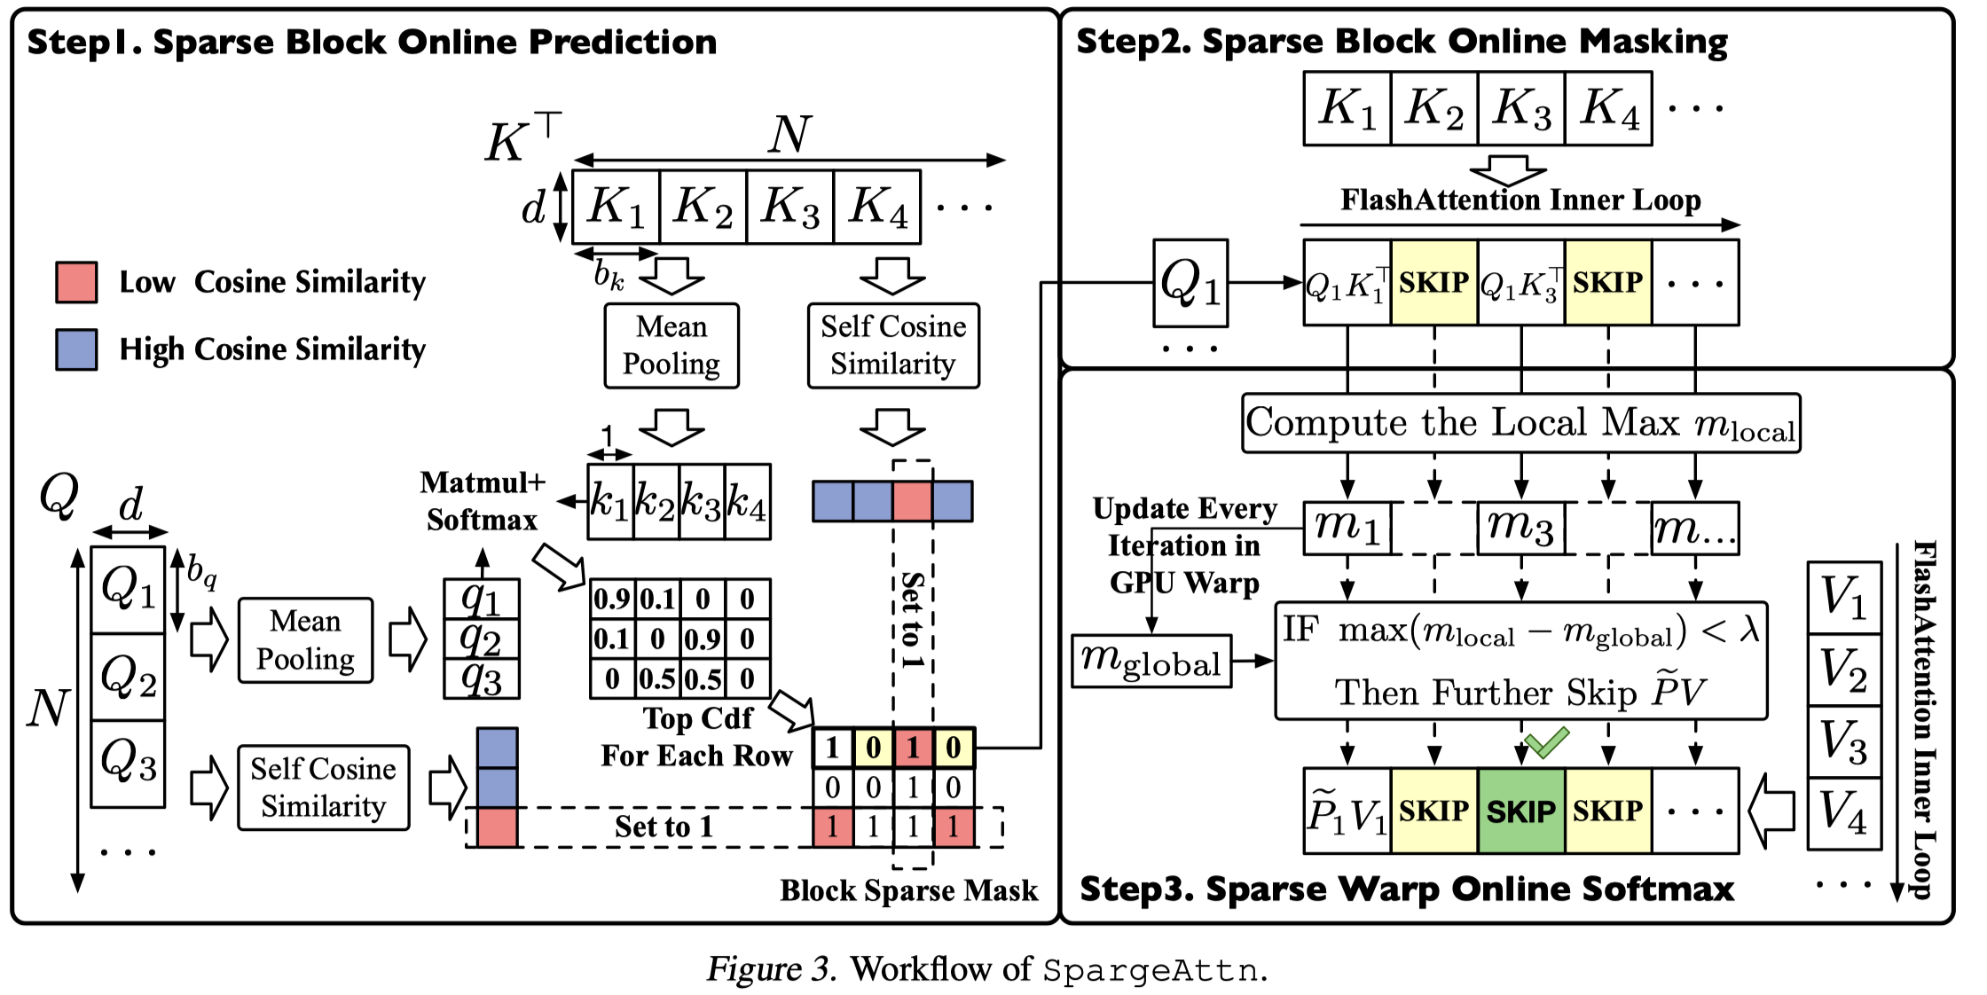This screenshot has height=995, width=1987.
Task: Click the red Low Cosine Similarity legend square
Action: [x=76, y=282]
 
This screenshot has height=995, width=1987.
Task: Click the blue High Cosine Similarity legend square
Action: [x=76, y=349]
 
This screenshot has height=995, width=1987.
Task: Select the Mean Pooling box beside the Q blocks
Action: [x=305, y=640]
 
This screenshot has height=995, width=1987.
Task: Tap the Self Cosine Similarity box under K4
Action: [x=893, y=346]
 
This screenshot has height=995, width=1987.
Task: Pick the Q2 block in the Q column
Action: [x=129, y=677]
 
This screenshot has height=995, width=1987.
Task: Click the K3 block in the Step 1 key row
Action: [x=790, y=207]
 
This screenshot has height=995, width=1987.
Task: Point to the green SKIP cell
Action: [x=1520, y=811]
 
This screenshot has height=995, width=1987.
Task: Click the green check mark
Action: [x=1547, y=742]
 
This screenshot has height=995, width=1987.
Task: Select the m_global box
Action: [x=1151, y=661]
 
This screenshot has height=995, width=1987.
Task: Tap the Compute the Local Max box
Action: [x=1520, y=423]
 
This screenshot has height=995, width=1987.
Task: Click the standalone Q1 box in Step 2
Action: [x=1190, y=283]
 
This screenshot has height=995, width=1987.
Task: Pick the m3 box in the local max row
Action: [x=1520, y=528]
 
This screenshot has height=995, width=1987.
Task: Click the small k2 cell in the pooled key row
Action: [x=656, y=501]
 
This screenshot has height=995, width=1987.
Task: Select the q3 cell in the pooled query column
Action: [x=482, y=679]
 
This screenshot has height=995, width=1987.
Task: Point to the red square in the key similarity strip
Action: [x=912, y=501]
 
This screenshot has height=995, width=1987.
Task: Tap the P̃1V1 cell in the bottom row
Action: [x=1347, y=811]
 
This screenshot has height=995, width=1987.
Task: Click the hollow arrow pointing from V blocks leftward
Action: [x=1771, y=811]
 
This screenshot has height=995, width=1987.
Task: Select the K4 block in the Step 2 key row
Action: [x=1608, y=108]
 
